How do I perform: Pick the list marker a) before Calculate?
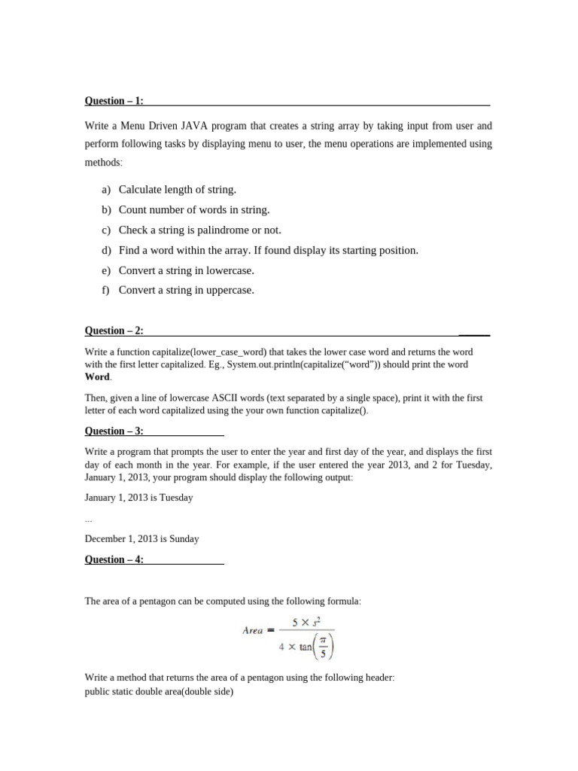(x=105, y=190)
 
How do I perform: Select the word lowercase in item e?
(x=231, y=270)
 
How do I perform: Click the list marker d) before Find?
(x=105, y=250)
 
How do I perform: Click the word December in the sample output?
(x=106, y=539)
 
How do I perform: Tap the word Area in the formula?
(x=253, y=630)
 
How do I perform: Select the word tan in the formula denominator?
(x=306, y=646)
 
